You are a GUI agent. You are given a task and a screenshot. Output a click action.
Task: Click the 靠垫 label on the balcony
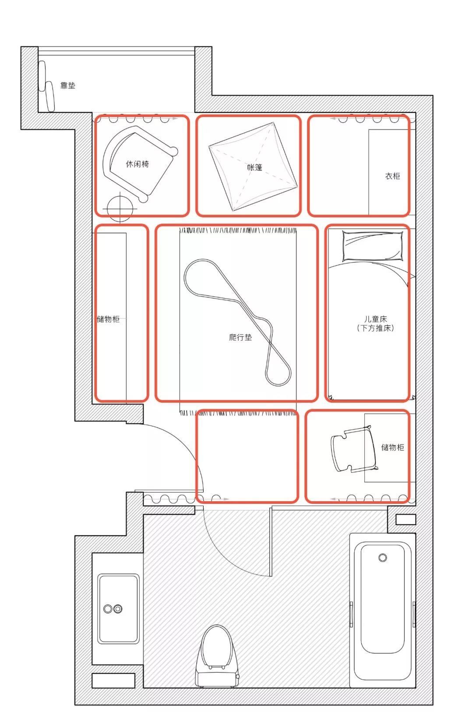click(67, 86)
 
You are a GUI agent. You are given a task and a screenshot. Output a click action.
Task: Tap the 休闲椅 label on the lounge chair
click(137, 164)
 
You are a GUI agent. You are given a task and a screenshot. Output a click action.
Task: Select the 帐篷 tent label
click(254, 167)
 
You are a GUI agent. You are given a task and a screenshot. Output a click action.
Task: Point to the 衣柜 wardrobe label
click(392, 176)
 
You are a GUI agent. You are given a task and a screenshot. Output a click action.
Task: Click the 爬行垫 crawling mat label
click(240, 337)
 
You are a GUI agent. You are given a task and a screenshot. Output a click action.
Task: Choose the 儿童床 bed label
click(375, 319)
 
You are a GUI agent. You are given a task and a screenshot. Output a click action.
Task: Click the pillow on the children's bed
click(372, 246)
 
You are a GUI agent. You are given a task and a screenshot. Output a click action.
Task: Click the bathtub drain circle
click(383, 558)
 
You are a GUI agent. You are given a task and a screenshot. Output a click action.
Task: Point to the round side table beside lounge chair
click(120, 209)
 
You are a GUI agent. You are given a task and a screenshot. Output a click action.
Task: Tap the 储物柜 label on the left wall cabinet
click(108, 319)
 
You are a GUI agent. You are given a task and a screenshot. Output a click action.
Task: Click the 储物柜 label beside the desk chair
click(392, 447)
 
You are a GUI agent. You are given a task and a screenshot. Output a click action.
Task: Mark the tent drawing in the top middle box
click(253, 167)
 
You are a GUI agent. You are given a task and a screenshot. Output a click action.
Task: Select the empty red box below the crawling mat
click(247, 457)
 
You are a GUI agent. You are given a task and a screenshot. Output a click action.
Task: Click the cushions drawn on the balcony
click(46, 86)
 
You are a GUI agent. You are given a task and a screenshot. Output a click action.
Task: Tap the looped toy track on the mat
click(237, 322)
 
